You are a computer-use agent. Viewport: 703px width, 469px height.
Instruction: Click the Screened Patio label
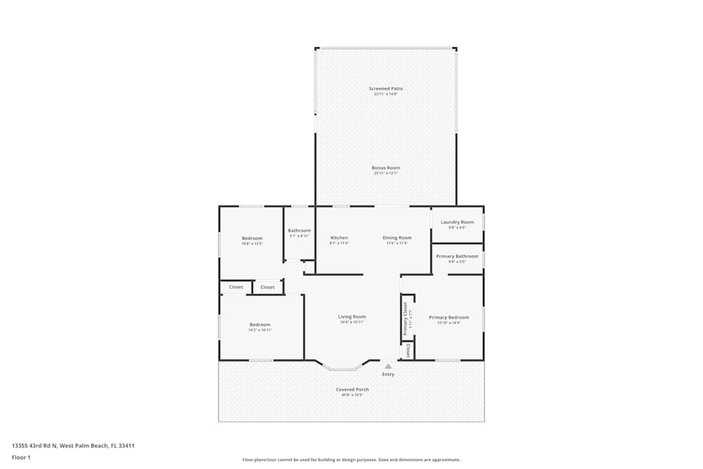386,89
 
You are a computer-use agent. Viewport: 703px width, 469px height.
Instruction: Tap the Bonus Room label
386,168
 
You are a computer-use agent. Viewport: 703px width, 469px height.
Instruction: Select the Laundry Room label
457,222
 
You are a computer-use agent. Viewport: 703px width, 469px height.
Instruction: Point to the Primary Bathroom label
457,257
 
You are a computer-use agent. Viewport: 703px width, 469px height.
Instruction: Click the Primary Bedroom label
449,317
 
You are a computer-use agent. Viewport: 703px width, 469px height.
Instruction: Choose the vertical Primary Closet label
405,319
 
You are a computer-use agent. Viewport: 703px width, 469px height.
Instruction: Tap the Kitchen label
339,238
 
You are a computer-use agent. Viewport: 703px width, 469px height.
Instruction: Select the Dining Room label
397,238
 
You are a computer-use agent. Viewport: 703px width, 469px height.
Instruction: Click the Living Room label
352,317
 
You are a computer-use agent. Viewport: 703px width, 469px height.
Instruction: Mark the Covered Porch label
352,390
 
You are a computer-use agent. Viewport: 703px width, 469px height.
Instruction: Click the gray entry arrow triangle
388,366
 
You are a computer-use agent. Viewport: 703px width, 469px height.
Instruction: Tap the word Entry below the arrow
388,374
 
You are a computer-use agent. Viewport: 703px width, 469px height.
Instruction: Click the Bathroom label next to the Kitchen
299,231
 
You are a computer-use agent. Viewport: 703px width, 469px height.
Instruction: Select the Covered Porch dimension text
352,395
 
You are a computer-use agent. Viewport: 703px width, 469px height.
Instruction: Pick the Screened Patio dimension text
386,94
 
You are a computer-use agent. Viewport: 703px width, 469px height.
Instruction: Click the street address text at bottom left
73,445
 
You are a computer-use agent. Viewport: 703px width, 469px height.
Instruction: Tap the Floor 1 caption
21,457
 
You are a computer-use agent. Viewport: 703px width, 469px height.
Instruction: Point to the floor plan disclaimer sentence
351,460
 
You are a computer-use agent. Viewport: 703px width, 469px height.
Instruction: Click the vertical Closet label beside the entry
408,350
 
